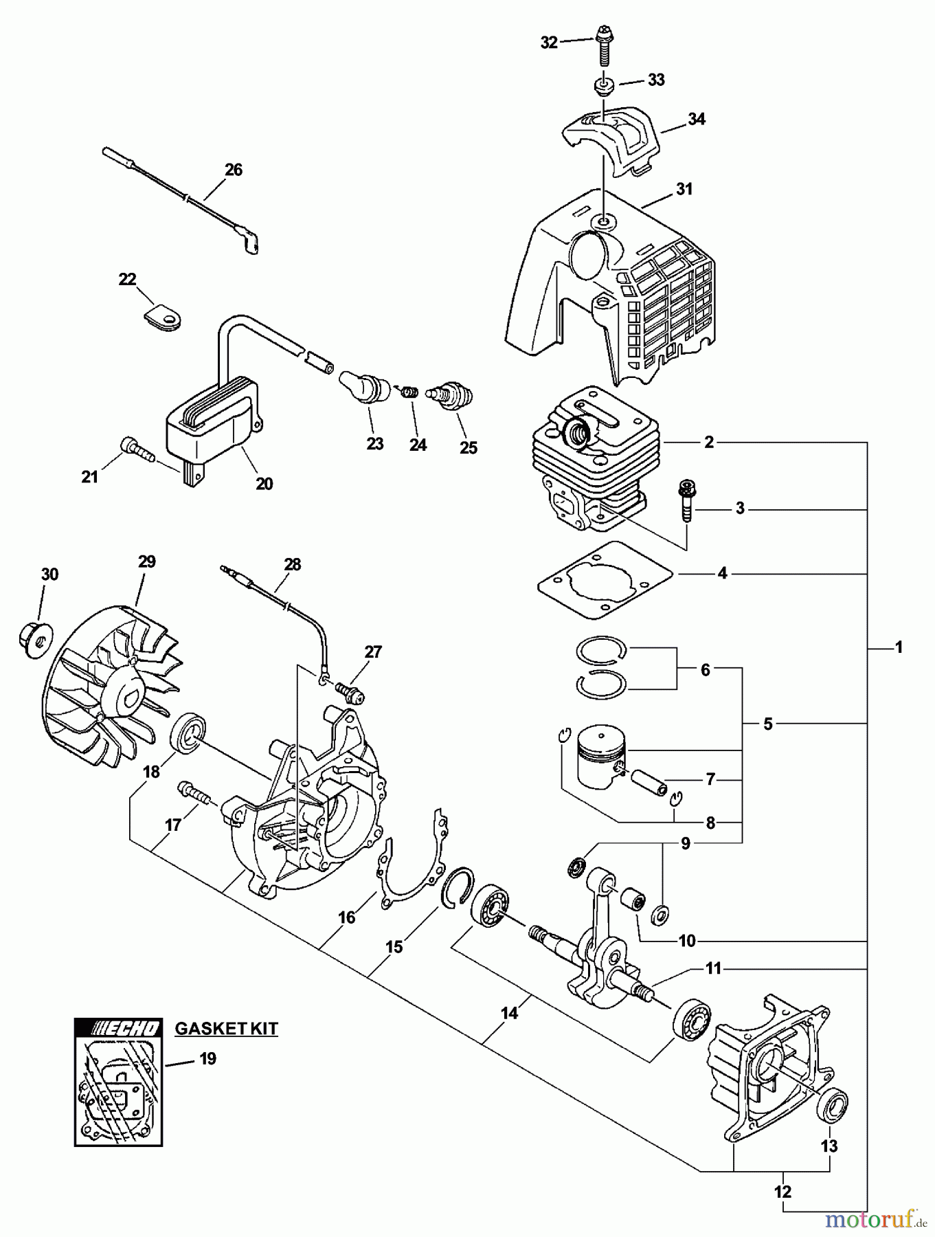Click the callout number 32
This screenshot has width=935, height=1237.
click(x=549, y=43)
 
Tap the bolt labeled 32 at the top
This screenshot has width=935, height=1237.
click(x=604, y=43)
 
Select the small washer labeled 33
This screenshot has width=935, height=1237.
click(x=603, y=87)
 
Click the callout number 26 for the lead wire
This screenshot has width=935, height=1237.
click(x=234, y=170)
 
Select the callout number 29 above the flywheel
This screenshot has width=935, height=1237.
click(x=146, y=561)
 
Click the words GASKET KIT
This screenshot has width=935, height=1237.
click(x=226, y=1029)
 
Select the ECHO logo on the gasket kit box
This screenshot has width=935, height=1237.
click(x=118, y=1028)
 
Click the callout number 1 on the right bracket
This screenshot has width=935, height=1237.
click(x=898, y=647)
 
